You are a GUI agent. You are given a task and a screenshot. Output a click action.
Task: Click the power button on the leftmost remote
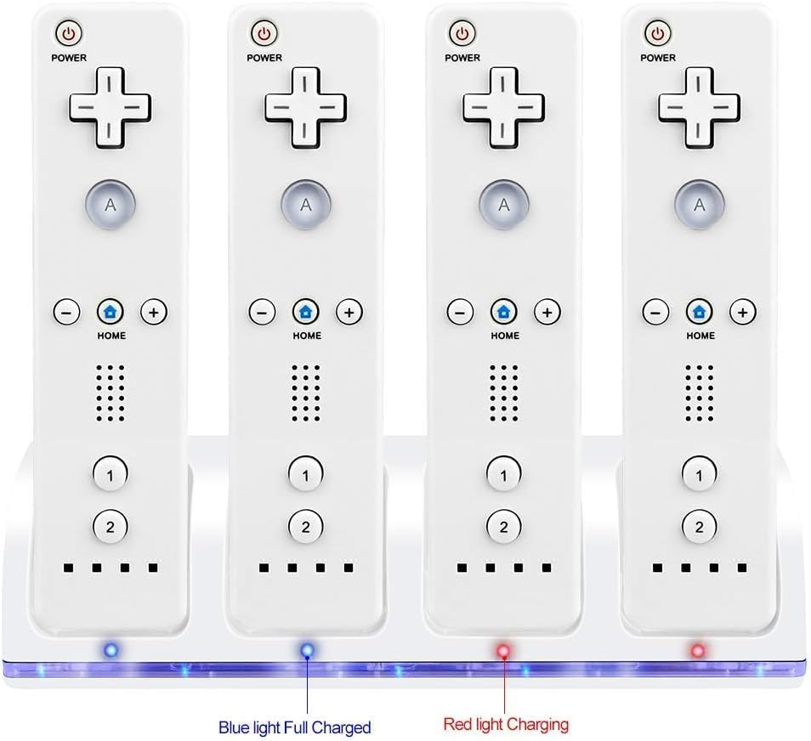[69, 35]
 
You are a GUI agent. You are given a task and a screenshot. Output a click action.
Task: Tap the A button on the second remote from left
[306, 204]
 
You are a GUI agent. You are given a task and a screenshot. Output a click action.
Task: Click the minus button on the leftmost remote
[67, 311]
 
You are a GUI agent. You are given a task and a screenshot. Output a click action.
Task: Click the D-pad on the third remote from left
[503, 106]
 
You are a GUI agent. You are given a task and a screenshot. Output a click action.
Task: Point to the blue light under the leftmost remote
[110, 651]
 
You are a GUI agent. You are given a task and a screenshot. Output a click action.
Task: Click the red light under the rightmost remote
[698, 651]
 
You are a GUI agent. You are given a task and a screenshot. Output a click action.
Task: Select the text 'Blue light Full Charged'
[294, 727]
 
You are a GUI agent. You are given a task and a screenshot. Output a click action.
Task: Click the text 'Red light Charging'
[506, 725]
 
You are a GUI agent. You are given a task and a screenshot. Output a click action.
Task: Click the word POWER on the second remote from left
[264, 58]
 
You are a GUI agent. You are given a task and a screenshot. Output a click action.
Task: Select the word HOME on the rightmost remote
[700, 336]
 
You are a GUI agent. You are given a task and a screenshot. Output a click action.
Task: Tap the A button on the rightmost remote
[700, 204]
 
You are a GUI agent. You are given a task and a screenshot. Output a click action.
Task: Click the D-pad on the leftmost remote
[111, 106]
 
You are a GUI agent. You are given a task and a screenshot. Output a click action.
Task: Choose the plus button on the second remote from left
[349, 311]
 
